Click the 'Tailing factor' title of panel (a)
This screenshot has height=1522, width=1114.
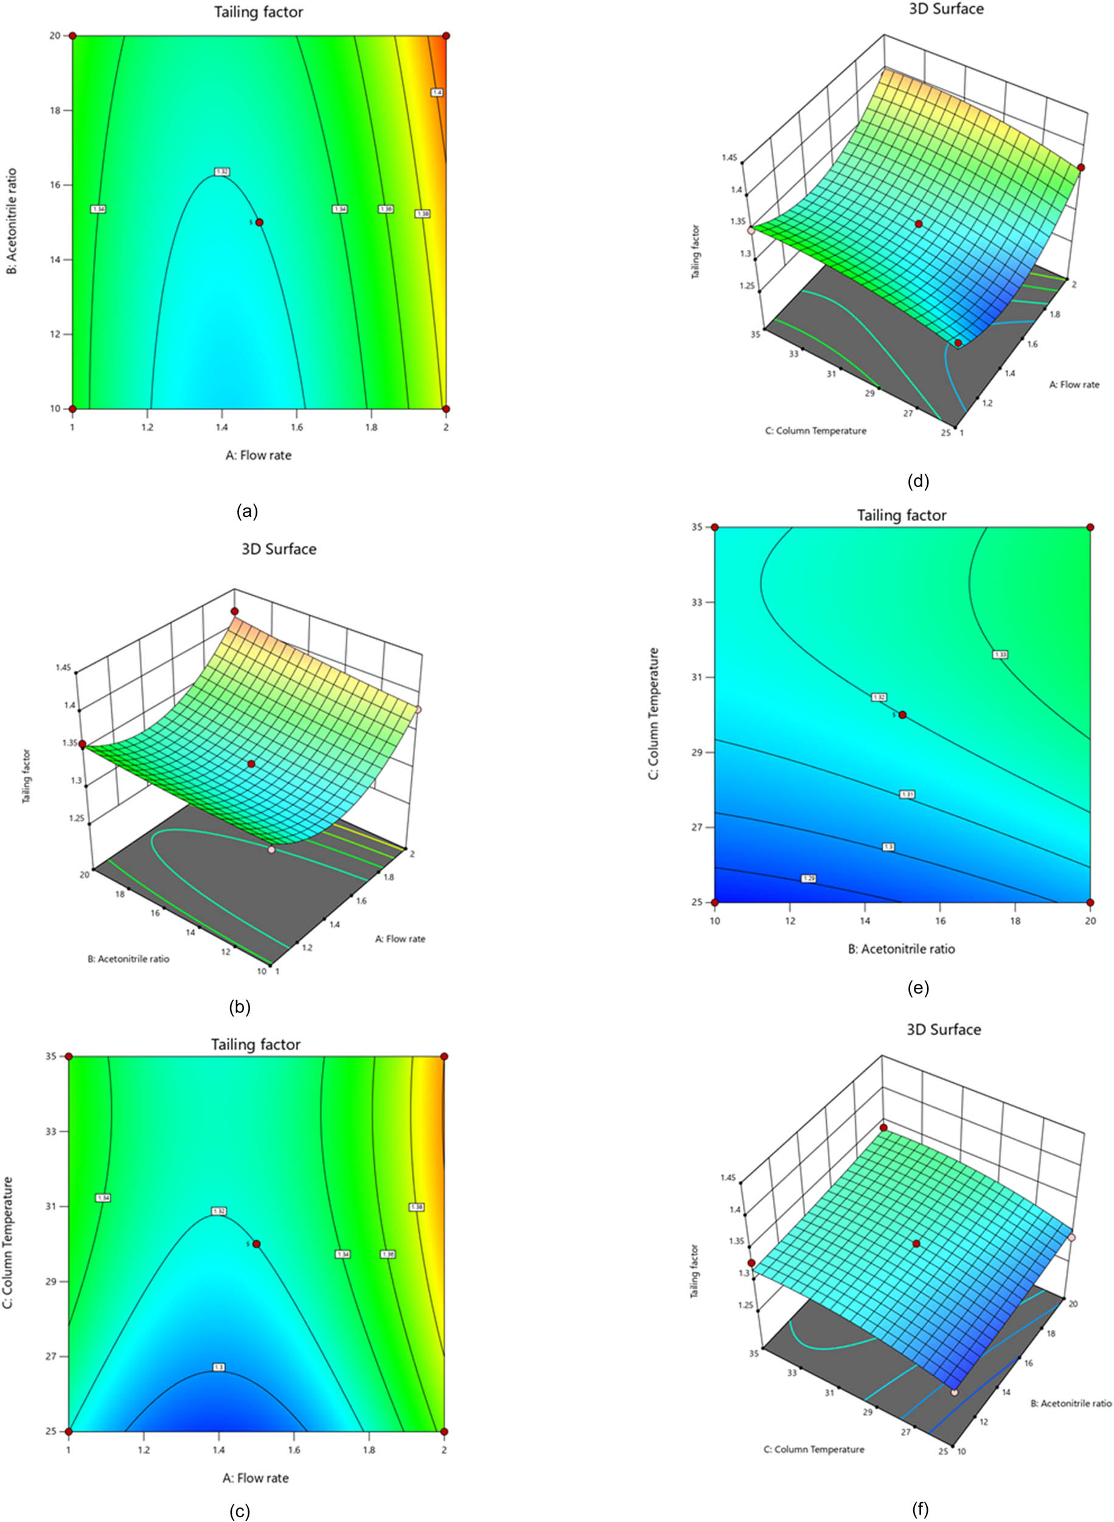(x=258, y=12)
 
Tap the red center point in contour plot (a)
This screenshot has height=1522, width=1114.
(x=260, y=222)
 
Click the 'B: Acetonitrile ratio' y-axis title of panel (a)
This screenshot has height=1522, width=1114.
(x=12, y=221)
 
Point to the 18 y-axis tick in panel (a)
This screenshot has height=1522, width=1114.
(x=57, y=110)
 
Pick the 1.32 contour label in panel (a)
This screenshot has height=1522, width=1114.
(x=222, y=172)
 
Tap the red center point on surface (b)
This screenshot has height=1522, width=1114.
(x=251, y=763)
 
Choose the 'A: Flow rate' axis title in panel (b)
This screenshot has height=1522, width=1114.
(x=400, y=938)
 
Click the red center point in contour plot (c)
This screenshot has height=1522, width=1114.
(x=256, y=1244)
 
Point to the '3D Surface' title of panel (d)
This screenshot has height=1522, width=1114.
(x=945, y=9)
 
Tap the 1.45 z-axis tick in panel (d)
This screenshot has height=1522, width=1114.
(x=729, y=158)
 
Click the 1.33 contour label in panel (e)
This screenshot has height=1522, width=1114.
(x=1001, y=654)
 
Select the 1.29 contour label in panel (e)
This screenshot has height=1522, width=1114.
(x=809, y=878)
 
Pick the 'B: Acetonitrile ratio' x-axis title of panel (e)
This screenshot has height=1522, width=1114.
(x=901, y=949)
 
